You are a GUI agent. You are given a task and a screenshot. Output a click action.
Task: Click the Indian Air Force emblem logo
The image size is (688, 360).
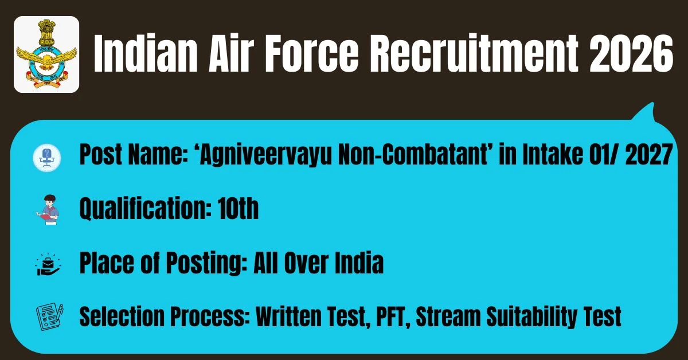click(46, 54)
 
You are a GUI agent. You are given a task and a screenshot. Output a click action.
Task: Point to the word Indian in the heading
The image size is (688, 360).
click(145, 53)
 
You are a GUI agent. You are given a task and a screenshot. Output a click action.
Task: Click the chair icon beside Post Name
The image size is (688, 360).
click(47, 158)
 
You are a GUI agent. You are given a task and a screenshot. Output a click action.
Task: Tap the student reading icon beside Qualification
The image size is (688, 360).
click(47, 209)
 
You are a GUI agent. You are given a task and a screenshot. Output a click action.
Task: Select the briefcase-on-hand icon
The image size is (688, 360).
click(48, 264)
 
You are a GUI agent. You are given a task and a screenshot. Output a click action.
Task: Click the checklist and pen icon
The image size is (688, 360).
click(49, 316)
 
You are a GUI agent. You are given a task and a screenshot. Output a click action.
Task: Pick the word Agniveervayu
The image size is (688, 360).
click(266, 156)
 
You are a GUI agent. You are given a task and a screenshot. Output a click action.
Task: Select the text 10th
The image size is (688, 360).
click(238, 209)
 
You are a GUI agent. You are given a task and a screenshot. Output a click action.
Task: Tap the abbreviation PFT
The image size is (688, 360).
click(389, 316)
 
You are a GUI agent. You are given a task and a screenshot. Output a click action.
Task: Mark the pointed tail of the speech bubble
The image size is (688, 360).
click(652, 104)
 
